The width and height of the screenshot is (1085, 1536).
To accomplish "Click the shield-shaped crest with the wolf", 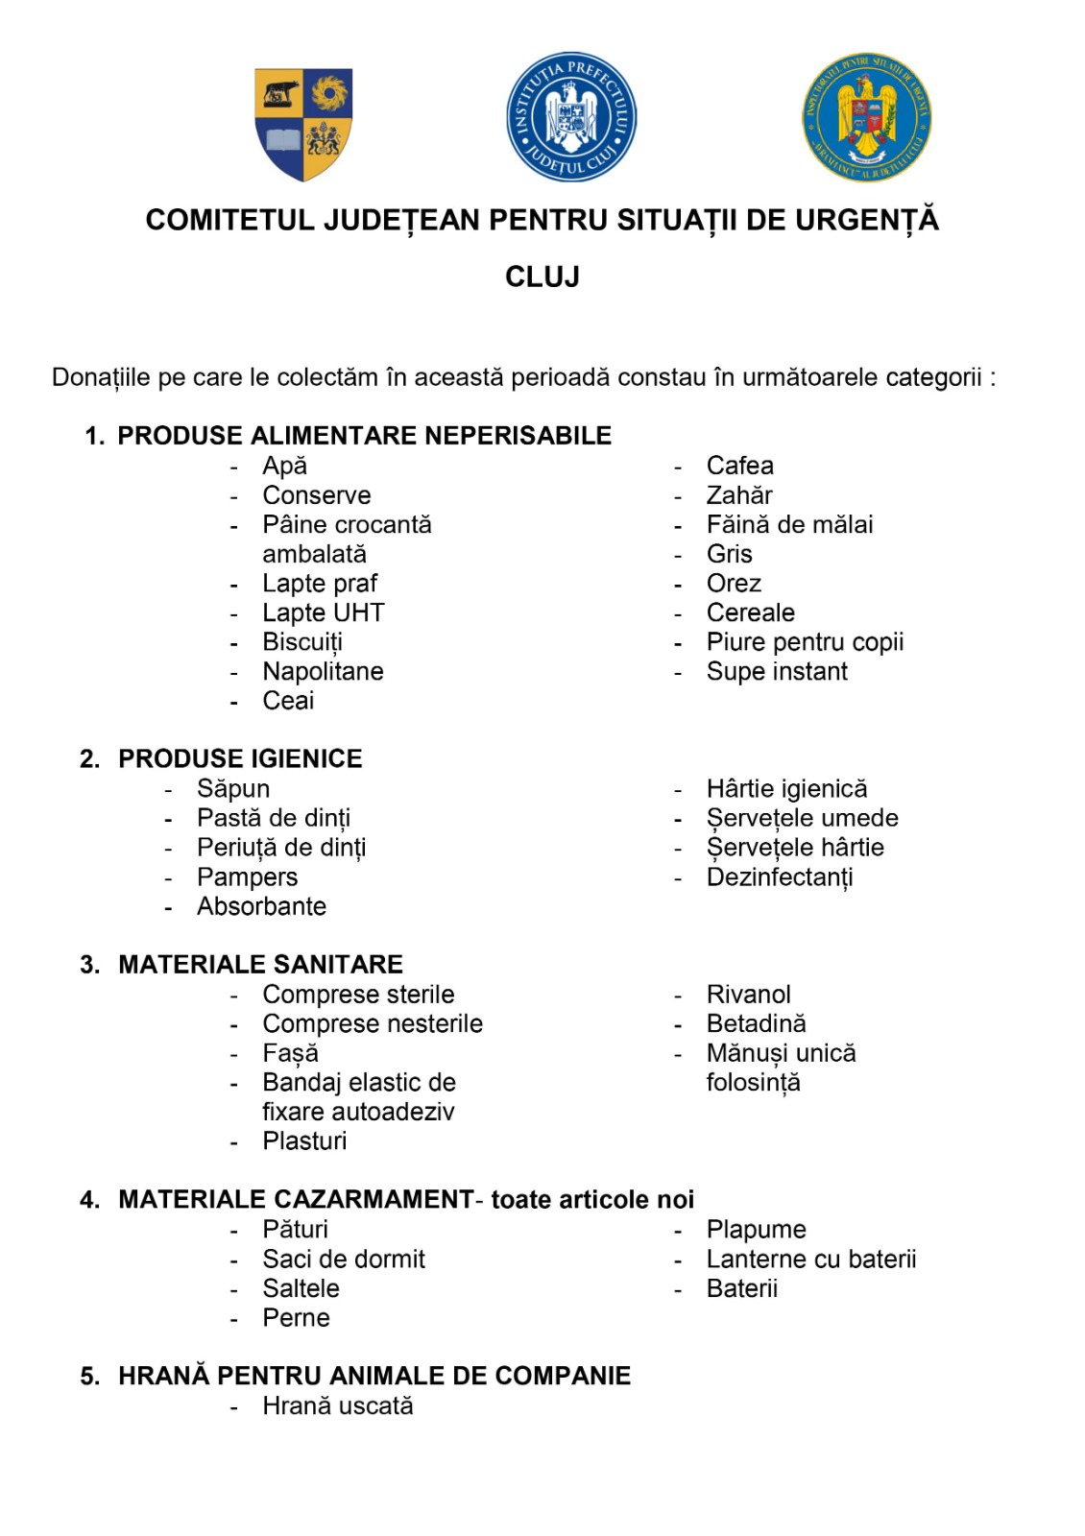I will click(303, 123).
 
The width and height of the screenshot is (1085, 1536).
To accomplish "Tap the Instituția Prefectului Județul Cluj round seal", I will click(571, 117).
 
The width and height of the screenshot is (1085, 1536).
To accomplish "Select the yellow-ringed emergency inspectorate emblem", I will click(867, 118).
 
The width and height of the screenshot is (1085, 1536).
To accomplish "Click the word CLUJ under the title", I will click(542, 277).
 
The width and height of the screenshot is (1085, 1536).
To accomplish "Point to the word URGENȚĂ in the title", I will click(866, 221).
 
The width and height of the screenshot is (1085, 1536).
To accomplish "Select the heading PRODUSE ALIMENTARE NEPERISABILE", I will click(364, 436).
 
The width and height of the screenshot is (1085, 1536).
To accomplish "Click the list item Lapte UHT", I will click(324, 612).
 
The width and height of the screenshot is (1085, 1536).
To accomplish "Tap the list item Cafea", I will click(739, 466).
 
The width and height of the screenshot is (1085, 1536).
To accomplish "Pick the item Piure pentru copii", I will click(805, 642).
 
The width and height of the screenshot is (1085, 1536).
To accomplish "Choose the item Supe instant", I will click(777, 672).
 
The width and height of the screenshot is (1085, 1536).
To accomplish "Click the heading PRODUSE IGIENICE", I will click(240, 759).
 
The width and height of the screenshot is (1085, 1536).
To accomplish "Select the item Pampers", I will click(247, 877).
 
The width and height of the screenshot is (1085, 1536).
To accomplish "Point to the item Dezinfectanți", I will click(780, 877).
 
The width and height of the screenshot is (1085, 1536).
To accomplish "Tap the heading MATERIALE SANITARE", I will click(260, 965).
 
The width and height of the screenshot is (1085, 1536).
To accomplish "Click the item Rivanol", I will click(749, 995).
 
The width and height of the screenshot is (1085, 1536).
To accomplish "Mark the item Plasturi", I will click(304, 1141).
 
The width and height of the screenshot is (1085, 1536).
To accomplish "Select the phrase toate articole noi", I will click(592, 1200).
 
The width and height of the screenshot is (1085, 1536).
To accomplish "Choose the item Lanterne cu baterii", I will click(811, 1260).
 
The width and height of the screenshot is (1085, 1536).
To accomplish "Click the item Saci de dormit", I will click(344, 1260).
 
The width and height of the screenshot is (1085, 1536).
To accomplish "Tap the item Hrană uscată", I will click(338, 1406).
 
